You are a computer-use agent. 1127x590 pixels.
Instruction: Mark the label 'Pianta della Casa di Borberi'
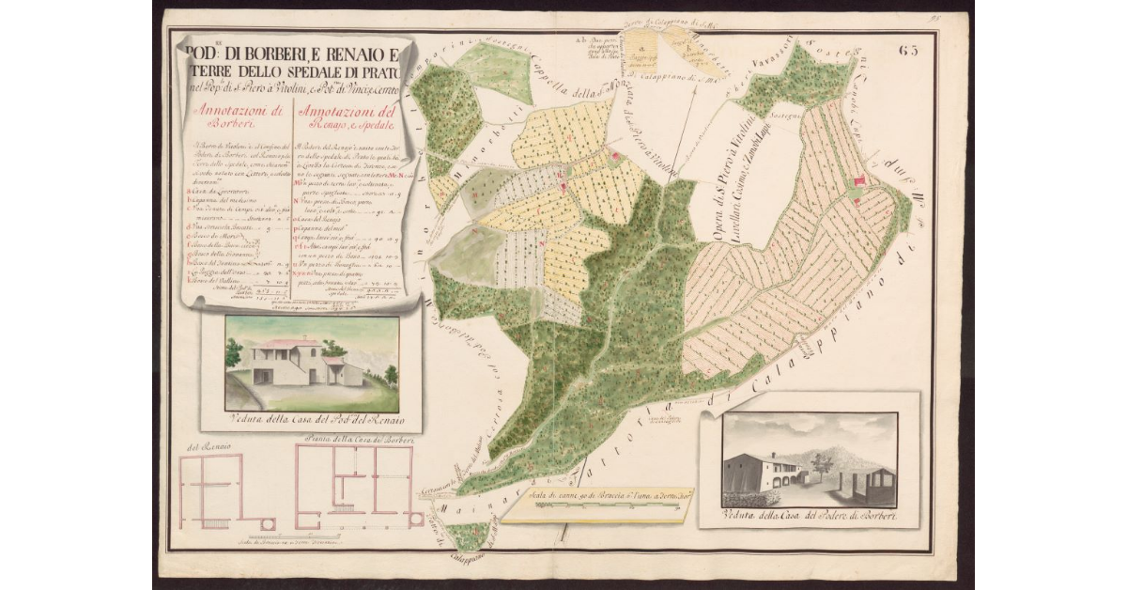(353, 439)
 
